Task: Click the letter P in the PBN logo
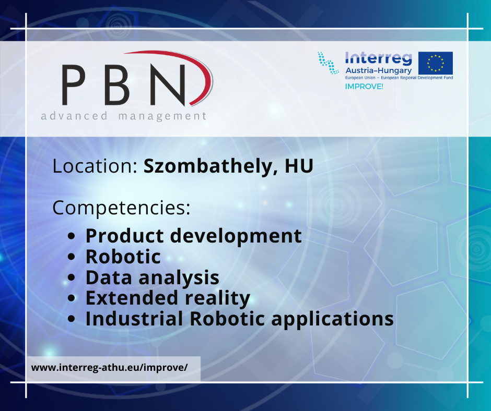tap(73, 85)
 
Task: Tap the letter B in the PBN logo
tap(117, 85)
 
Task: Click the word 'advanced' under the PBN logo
tap(74, 116)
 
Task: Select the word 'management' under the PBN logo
tap(162, 116)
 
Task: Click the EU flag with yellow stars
tap(436, 63)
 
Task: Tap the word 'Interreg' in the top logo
tap(378, 58)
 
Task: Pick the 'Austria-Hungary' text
tap(378, 71)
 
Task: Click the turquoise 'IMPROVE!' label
tap(364, 87)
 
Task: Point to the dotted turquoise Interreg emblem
tap(328, 63)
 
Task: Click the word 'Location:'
tap(95, 166)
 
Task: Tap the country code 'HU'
tap(299, 166)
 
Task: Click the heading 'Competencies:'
tap(121, 208)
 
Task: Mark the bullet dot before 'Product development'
tap(72, 236)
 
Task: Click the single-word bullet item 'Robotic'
tap(123, 257)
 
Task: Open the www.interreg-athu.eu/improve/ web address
tap(109, 368)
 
